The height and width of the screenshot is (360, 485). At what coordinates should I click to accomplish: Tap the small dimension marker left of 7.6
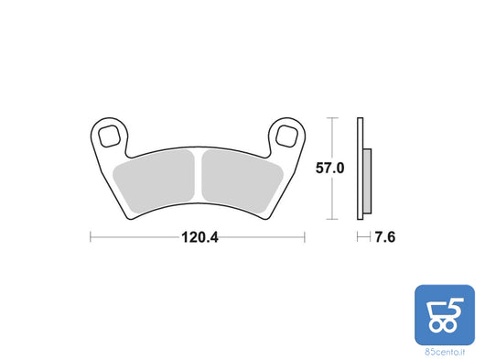(361, 236)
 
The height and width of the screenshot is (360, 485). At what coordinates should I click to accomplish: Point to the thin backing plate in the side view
(362, 169)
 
